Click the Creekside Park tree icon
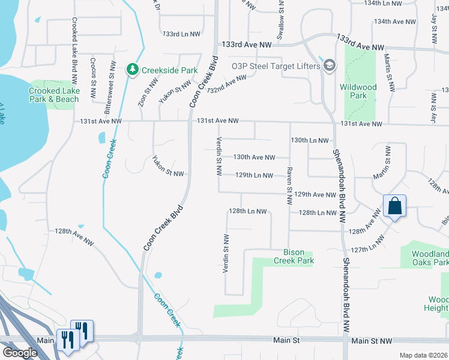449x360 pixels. pos(133,70)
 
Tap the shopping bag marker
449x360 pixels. pos(395,206)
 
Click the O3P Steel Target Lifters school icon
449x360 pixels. pos(328,65)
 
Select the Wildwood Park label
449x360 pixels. pos(358,91)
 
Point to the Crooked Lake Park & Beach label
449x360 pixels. pos(54,95)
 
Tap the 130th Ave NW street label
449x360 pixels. pos(254,157)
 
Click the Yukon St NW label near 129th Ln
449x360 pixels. pos(167,168)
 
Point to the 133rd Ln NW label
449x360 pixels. pos(181,34)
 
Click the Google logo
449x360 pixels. pos(20,353)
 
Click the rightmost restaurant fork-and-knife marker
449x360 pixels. pos(82,331)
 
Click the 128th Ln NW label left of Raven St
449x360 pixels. pos(247,211)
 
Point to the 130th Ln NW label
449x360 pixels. pos(309,140)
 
